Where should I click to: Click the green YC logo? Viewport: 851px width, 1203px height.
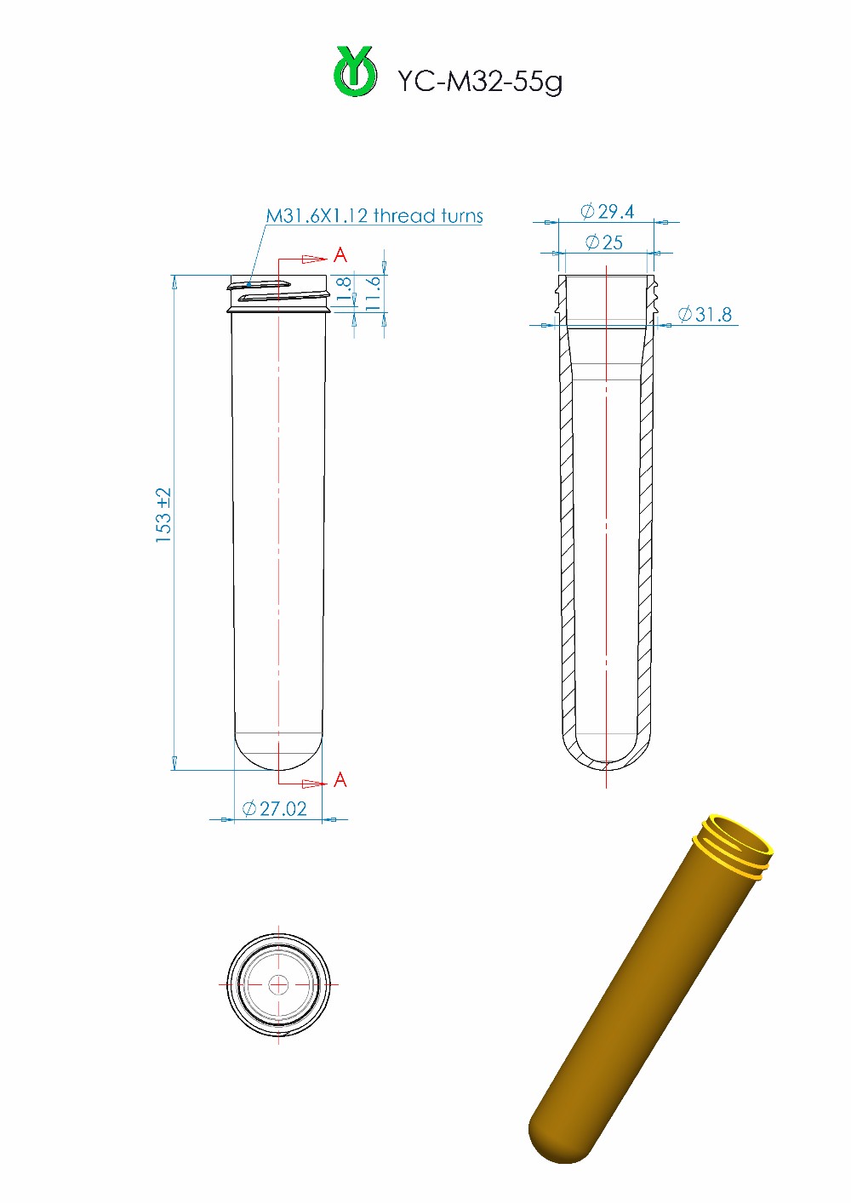(x=355, y=71)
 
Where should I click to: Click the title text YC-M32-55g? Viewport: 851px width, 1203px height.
(x=479, y=81)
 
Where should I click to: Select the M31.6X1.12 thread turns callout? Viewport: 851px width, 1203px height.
(x=374, y=216)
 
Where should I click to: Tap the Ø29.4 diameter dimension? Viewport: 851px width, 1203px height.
(x=607, y=211)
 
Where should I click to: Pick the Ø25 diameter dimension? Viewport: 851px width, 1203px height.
(x=604, y=242)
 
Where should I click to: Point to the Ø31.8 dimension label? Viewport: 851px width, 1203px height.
(x=705, y=315)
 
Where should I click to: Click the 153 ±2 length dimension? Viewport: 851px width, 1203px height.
(x=163, y=516)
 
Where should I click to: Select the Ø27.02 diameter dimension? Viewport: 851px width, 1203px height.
(x=274, y=808)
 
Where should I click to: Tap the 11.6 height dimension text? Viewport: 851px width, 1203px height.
(x=373, y=294)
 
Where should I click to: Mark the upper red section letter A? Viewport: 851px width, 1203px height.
(x=340, y=254)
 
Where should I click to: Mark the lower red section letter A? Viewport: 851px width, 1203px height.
(x=340, y=779)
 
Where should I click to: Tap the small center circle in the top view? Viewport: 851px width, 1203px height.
(x=278, y=985)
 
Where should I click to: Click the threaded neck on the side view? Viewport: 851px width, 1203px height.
(x=278, y=292)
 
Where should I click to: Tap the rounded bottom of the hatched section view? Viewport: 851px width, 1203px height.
(x=606, y=761)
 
